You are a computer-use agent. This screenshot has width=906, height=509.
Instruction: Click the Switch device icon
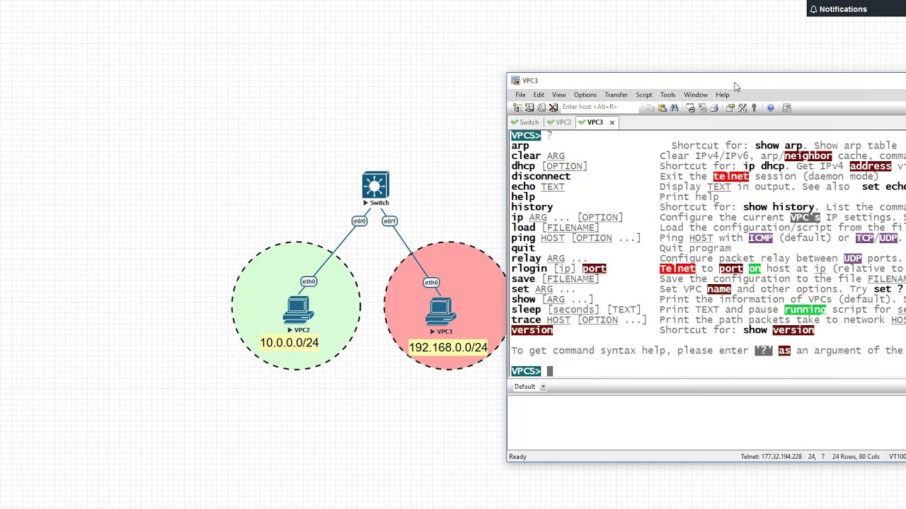pos(375,185)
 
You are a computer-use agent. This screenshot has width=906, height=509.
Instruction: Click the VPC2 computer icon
pos(298,311)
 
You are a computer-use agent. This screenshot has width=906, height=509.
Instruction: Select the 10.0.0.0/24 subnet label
pos(289,343)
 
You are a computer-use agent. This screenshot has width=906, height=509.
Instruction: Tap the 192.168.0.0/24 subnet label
pos(447,348)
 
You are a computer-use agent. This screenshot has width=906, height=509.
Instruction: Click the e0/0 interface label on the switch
pos(360,221)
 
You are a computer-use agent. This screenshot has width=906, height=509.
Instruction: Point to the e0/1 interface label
pos(389,221)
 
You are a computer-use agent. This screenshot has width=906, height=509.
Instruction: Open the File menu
pos(520,95)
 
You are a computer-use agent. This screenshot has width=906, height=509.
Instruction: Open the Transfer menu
pos(616,95)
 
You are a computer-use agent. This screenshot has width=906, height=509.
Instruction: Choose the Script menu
pos(643,95)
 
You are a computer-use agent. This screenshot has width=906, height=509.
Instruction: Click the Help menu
pos(722,95)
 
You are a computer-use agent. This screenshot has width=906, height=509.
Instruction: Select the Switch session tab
pos(528,122)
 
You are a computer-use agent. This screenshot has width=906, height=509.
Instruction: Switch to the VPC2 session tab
pos(563,122)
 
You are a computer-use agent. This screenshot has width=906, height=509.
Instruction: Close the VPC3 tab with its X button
pos(612,122)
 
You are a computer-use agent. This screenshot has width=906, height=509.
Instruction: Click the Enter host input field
pos(598,107)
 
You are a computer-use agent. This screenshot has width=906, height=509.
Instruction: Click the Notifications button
pos(842,9)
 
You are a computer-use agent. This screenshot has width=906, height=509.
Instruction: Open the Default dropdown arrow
pos(543,387)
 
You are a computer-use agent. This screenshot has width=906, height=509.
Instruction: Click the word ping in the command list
pos(523,238)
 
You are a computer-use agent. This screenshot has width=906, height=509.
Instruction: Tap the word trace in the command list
pos(526,320)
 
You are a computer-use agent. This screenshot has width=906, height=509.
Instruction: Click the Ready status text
pos(517,457)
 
